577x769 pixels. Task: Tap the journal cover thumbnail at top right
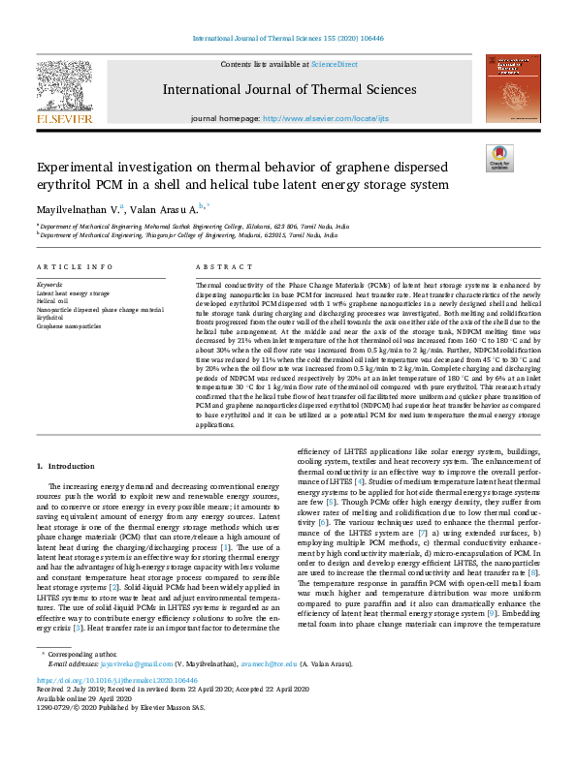(x=513, y=88)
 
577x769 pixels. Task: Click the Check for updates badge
(x=499, y=158)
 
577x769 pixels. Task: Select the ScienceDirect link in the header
(x=334, y=64)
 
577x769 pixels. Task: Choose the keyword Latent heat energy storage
(x=73, y=292)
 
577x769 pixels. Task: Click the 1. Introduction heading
(x=72, y=466)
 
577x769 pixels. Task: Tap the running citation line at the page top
(x=288, y=39)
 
